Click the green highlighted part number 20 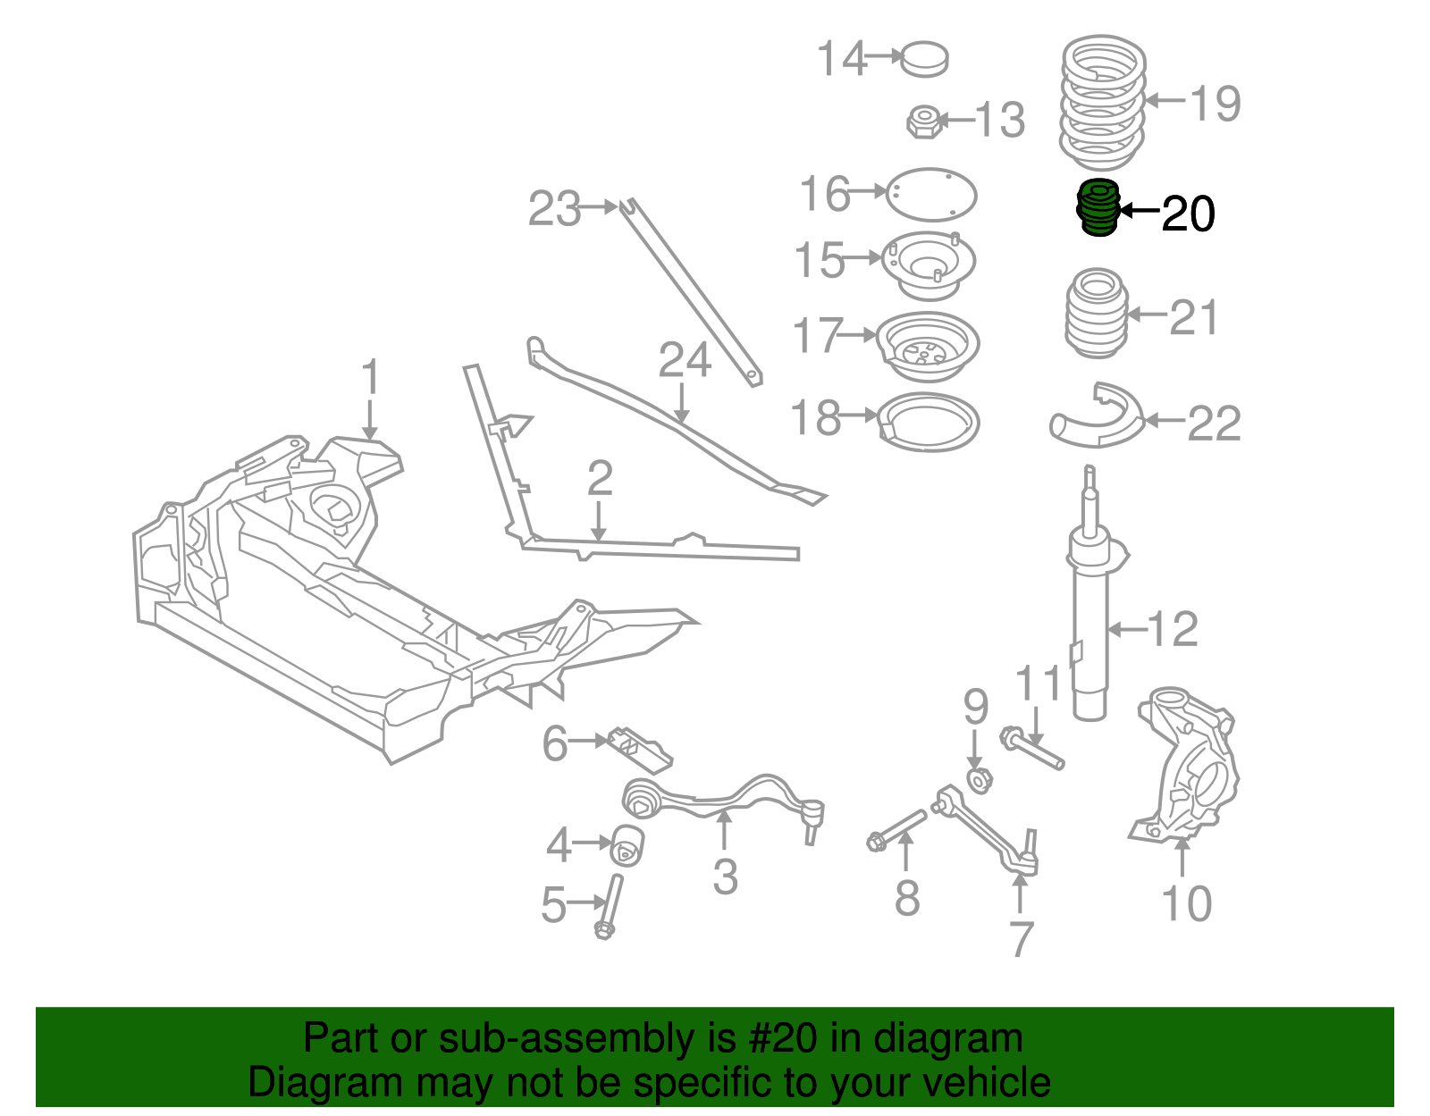pyautogui.click(x=1098, y=208)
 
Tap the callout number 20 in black pyautogui.click(x=1188, y=214)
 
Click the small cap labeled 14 pyautogui.click(x=924, y=59)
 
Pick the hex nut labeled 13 pyautogui.click(x=922, y=122)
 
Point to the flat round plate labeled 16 pyautogui.click(x=930, y=194)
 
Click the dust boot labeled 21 pyautogui.click(x=1096, y=315)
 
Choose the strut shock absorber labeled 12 pyautogui.click(x=1089, y=625)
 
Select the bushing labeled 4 pyautogui.click(x=628, y=845)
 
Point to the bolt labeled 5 pyautogui.click(x=610, y=906)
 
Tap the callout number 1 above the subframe pyautogui.click(x=370, y=378)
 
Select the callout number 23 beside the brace pyautogui.click(x=554, y=208)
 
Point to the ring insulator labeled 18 pyautogui.click(x=929, y=423)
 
